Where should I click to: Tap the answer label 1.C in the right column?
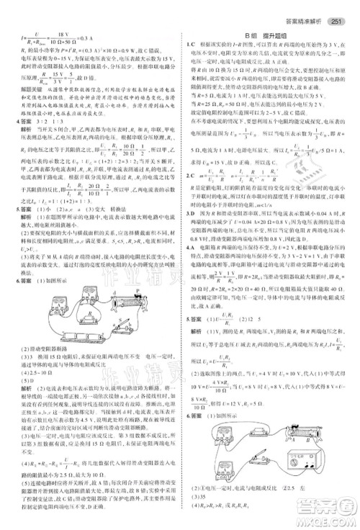[189, 45]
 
